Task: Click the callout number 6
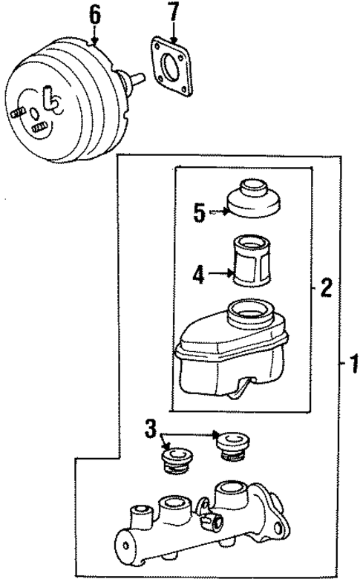(94, 13)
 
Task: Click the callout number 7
(173, 13)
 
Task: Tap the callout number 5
(199, 213)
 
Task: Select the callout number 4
(198, 275)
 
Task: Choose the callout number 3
(151, 428)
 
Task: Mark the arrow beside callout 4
(221, 274)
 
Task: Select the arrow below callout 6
(94, 33)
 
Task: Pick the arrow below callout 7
(173, 33)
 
